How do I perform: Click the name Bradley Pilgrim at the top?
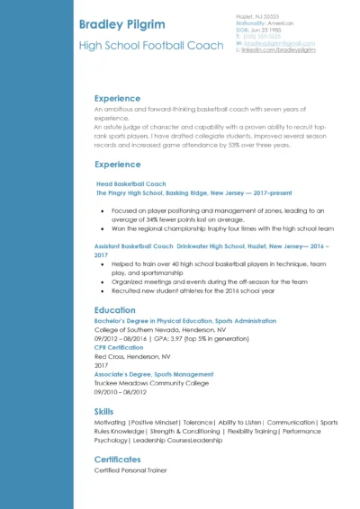pos(125,22)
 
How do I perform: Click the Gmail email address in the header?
pos(278,44)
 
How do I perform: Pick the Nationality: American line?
pos(265,23)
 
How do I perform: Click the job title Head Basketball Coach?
pos(130,183)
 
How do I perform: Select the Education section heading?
pos(114,310)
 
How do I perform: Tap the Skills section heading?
pos(103,411)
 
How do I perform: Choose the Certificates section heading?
pos(117,460)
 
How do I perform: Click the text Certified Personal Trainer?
pos(130,470)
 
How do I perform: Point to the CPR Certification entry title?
pos(119,347)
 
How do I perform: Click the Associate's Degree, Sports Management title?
pos(154,374)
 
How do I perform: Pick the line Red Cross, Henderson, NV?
pos(132,356)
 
